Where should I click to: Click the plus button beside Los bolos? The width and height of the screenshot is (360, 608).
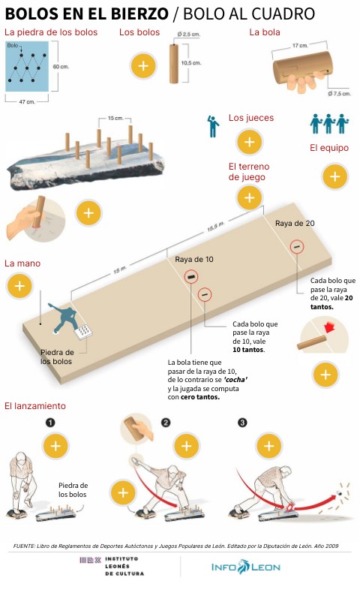pyautogui.click(x=143, y=65)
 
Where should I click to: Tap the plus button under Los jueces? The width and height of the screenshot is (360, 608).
pyautogui.click(x=250, y=142)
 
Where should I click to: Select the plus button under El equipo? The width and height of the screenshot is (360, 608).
pyautogui.click(x=334, y=177)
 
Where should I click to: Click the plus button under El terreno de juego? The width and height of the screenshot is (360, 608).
pyautogui.click(x=249, y=197)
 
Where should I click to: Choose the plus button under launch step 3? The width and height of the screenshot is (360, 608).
pyautogui.click(x=269, y=446)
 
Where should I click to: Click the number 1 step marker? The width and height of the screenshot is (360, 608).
pyautogui.click(x=50, y=423)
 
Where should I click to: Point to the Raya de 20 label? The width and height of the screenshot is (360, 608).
pyautogui.click(x=295, y=224)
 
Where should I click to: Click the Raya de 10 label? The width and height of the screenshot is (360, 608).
pyautogui.click(x=194, y=260)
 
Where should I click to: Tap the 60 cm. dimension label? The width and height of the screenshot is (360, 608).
pyautogui.click(x=61, y=67)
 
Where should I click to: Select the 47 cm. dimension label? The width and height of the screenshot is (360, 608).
pyautogui.click(x=27, y=101)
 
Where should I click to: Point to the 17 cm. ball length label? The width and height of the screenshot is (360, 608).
pyautogui.click(x=300, y=46)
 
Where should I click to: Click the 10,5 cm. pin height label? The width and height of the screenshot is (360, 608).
pyautogui.click(x=191, y=63)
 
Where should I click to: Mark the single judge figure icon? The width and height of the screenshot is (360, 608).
pyautogui.click(x=213, y=126)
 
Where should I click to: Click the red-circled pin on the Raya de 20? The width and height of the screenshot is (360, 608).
pyautogui.click(x=297, y=247)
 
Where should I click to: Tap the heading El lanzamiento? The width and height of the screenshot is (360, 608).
pyautogui.click(x=35, y=406)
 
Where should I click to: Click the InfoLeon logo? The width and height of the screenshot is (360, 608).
pyautogui.click(x=246, y=567)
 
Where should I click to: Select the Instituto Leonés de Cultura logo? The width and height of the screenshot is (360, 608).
pyautogui.click(x=112, y=566)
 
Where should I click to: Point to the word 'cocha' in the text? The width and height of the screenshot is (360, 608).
pyautogui.click(x=235, y=380)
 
